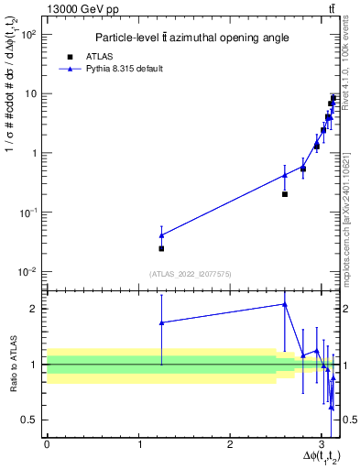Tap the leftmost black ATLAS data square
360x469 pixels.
coord(161,248)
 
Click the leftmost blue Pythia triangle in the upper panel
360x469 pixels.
coord(161,235)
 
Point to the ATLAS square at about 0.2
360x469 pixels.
coord(285,194)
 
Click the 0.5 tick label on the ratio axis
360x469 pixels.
coord(30,420)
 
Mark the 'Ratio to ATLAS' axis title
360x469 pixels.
coord(13,365)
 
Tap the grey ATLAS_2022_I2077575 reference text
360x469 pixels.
coord(191,273)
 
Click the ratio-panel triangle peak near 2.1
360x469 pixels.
coord(285,304)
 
